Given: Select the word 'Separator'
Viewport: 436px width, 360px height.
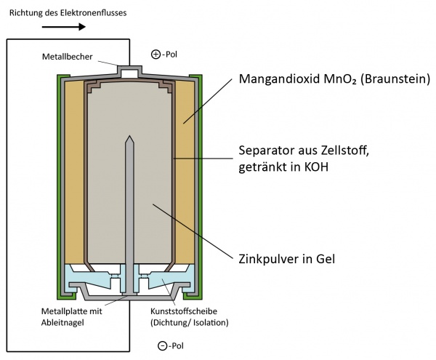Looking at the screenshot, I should point(267,153).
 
